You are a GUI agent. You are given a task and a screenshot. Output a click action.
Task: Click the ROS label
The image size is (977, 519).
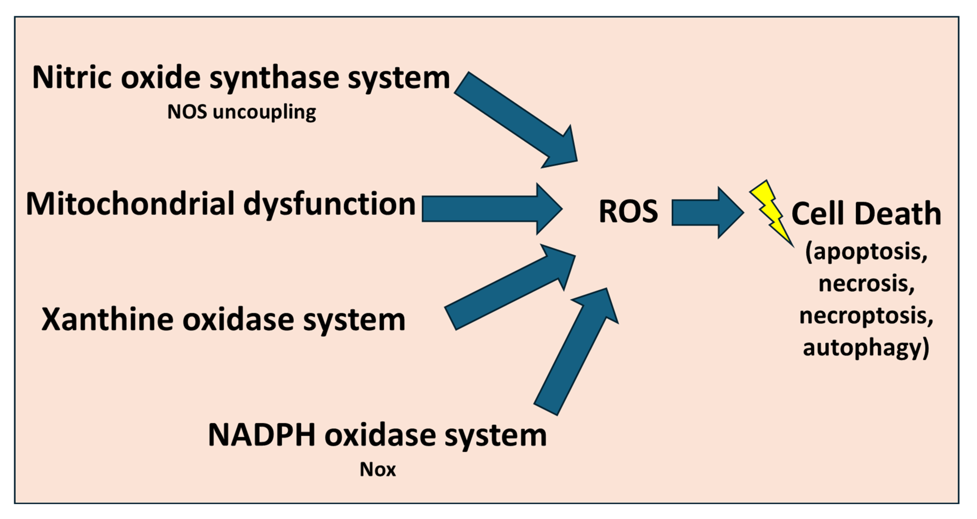pos(628,211)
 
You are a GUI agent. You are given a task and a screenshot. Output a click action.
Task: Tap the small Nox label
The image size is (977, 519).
pos(377,470)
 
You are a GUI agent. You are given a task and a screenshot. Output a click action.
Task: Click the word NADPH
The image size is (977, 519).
pos(262,435)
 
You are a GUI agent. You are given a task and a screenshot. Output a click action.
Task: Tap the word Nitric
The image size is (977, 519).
pos(72,78)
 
